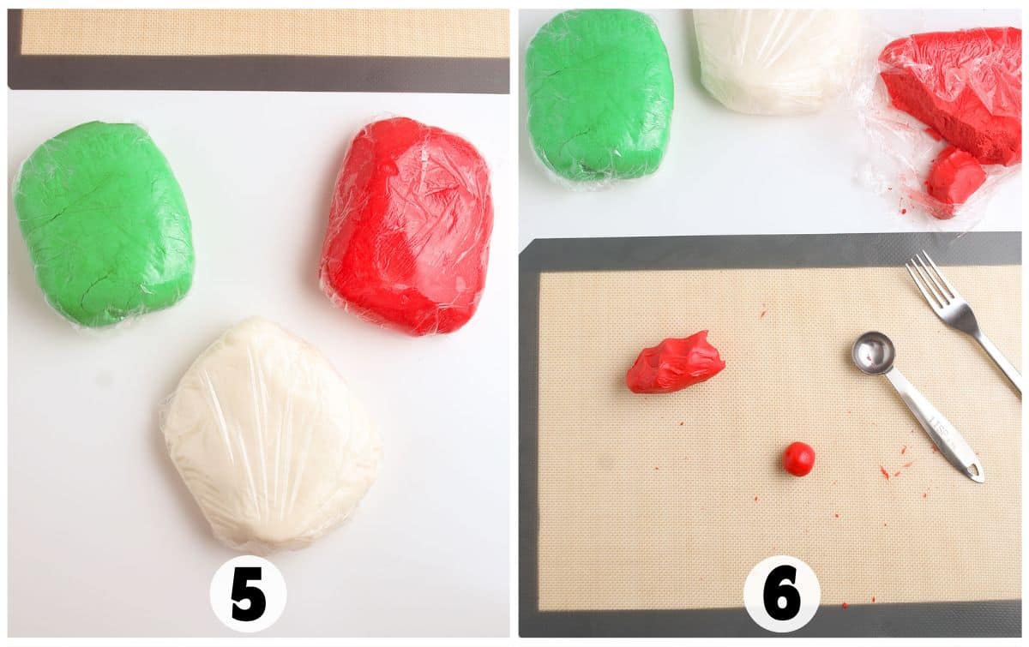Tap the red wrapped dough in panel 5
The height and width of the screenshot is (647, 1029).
[408, 225]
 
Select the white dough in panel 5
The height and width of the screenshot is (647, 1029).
[272, 433]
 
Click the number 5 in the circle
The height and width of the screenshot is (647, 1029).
[248, 593]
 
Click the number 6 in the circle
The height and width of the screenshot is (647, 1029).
[781, 593]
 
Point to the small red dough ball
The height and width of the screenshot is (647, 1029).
[799, 458]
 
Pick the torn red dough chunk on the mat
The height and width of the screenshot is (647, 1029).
[675, 362]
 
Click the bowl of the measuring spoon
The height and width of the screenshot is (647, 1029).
[874, 352]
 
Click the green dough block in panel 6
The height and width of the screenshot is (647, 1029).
[599, 94]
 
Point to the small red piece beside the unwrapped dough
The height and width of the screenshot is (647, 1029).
[954, 179]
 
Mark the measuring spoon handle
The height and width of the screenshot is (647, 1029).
[930, 420]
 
